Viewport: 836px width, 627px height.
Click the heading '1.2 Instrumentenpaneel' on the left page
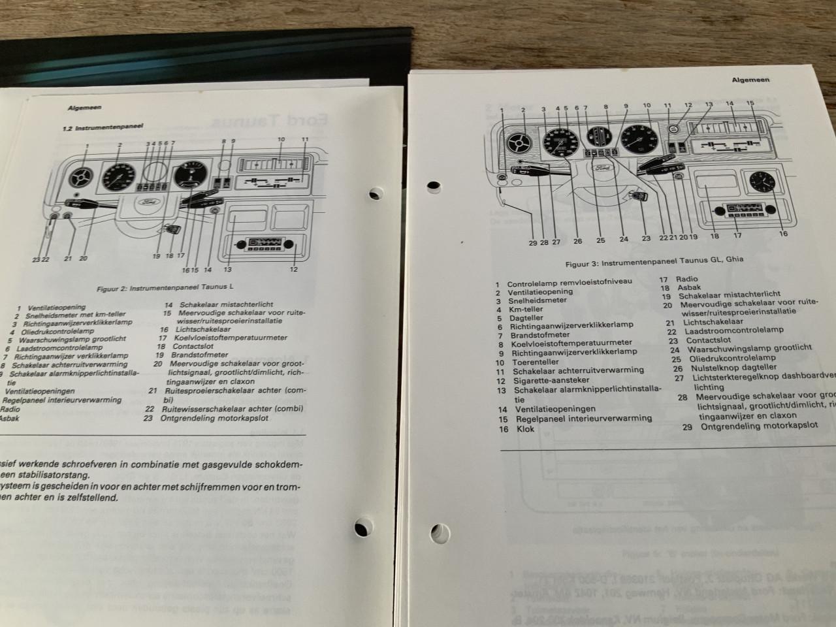pyautogui.click(x=103, y=128)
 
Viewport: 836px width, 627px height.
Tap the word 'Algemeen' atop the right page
pyautogui.click(x=750, y=79)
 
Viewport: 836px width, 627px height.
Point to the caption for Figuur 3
pyautogui.click(x=654, y=259)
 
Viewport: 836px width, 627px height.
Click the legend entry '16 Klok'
pyautogui.click(x=517, y=429)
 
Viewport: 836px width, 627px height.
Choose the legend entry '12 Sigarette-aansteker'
pyautogui.click(x=542, y=380)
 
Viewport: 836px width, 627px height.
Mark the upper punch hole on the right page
pyautogui.click(x=432, y=187)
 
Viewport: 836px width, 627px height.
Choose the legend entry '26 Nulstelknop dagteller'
pyautogui.click(x=725, y=368)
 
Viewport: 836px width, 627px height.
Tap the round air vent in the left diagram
pyautogui.click(x=82, y=177)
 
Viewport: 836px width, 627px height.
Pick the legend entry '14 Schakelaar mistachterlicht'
pyautogui.click(x=219, y=304)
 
